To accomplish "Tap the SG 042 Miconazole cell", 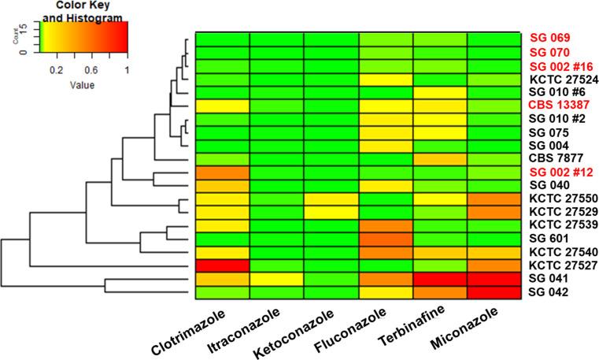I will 494,292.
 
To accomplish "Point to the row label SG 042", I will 549,292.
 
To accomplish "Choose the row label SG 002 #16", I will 560,66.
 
